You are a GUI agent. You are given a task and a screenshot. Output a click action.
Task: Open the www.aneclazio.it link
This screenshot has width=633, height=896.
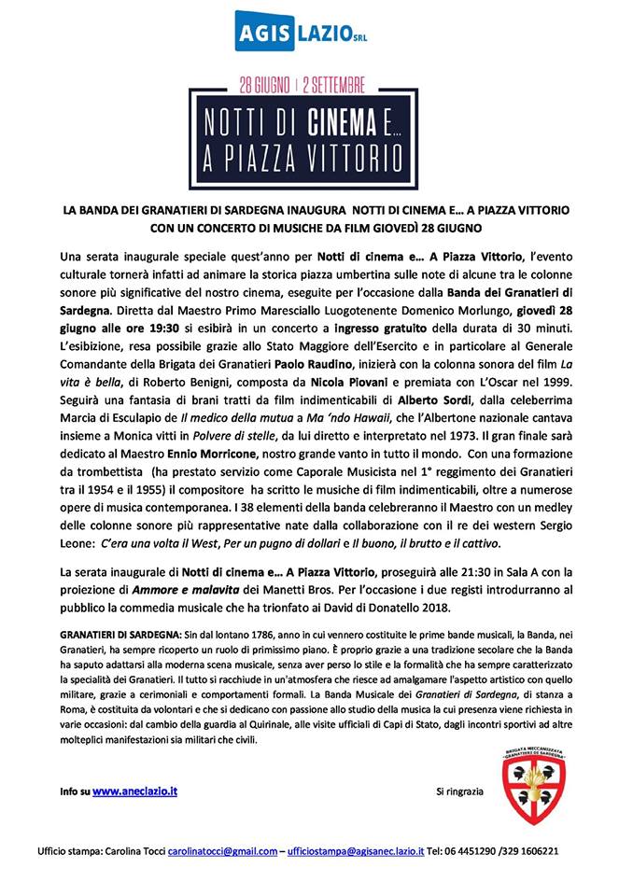tap(135, 791)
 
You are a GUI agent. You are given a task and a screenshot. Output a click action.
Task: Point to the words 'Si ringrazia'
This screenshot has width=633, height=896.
tap(460, 791)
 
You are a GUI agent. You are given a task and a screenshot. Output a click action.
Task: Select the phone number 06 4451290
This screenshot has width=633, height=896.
tap(475, 851)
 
